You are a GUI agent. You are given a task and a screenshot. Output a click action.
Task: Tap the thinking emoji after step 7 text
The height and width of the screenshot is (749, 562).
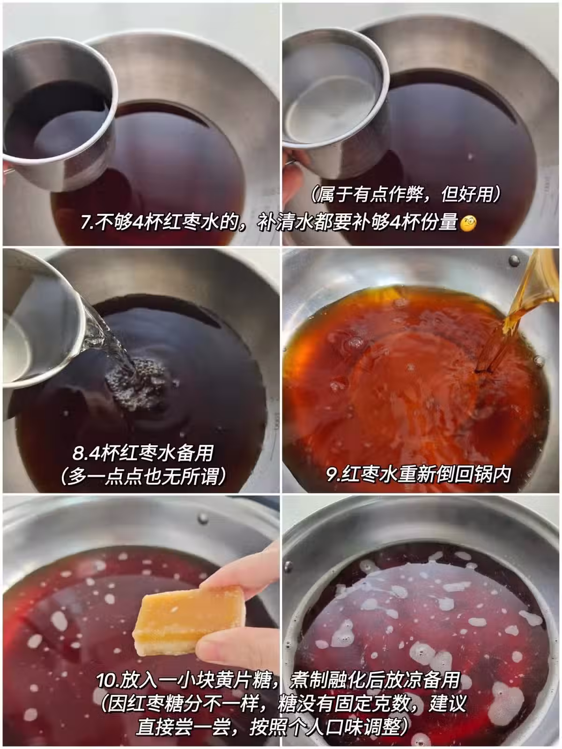click(x=468, y=223)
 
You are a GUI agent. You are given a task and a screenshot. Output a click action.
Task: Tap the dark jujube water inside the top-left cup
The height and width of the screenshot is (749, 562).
click(x=55, y=119)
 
